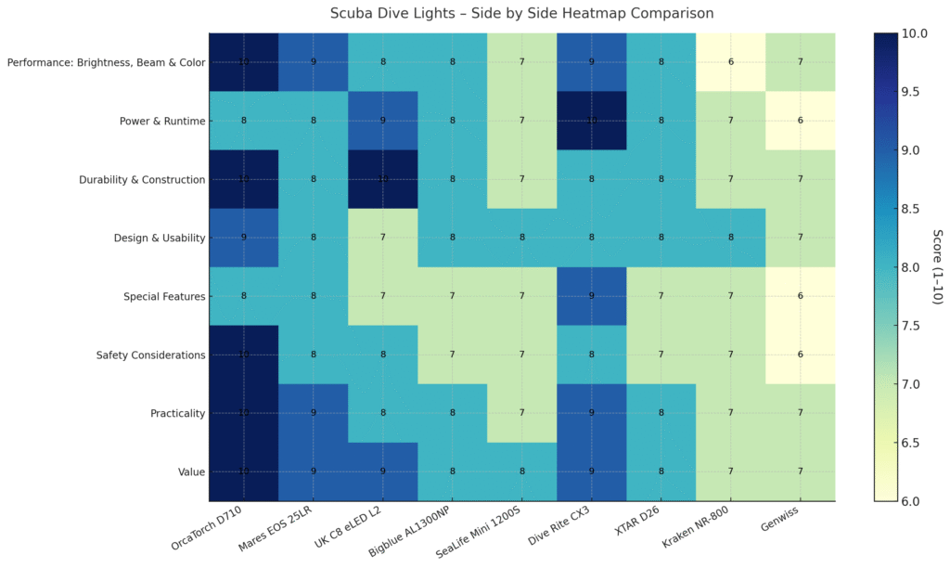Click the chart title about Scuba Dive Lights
(522, 14)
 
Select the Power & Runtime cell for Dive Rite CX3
(591, 121)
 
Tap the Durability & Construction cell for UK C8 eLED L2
(382, 179)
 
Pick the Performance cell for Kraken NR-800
(730, 62)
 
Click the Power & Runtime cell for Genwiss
(800, 121)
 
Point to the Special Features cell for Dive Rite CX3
(591, 296)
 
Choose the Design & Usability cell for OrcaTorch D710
(243, 238)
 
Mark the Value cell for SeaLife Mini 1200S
(521, 471)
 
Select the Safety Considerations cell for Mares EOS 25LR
(313, 355)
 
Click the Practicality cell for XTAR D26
(661, 413)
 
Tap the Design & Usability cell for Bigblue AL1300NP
(452, 238)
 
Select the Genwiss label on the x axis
(785, 525)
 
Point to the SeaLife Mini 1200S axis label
(482, 537)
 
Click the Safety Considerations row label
(151, 355)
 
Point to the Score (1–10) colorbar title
(938, 267)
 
